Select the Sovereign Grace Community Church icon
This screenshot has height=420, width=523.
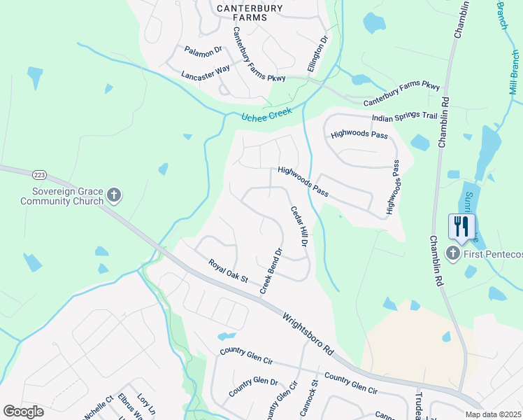coord(115,195)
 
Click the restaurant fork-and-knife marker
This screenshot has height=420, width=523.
coord(461,225)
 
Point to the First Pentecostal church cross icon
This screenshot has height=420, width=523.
coord(453,253)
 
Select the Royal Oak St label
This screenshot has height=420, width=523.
coord(228,271)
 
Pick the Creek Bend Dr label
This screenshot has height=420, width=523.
coord(271,271)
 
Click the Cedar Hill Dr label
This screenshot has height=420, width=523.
coord(299,225)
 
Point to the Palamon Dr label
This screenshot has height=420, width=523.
coord(203,50)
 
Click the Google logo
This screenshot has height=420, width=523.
coord(23,412)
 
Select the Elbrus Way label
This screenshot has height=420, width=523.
coord(130,408)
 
